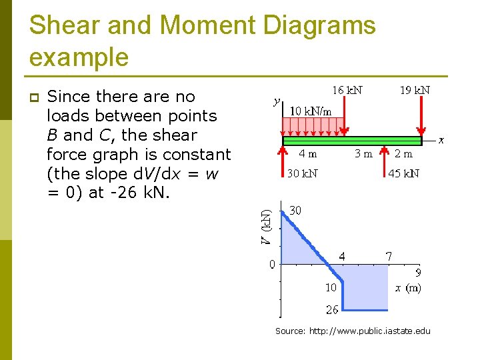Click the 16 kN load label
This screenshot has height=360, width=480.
click(347, 90)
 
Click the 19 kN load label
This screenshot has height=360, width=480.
click(414, 90)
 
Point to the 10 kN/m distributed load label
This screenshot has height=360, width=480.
click(310, 111)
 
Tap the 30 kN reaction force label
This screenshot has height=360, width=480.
click(302, 174)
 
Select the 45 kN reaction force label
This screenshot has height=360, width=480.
click(403, 174)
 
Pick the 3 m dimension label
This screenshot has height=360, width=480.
click(363, 153)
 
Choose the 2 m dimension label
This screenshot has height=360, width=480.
click(403, 153)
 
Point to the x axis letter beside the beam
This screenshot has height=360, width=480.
click(441, 140)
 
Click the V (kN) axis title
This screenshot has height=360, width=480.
click(265, 227)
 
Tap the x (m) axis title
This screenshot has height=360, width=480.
click(407, 287)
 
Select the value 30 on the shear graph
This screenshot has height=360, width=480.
click(295, 210)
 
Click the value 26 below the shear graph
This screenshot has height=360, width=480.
click(331, 309)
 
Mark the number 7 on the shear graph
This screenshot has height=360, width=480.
click(389, 256)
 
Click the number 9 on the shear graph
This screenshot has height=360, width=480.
click(418, 273)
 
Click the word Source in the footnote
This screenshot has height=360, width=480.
click(290, 331)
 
